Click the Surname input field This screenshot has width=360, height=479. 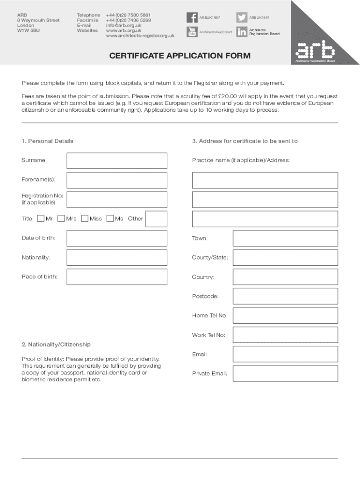[117, 160]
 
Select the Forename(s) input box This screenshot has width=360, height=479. [117, 180]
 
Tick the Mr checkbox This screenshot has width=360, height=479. [41, 218]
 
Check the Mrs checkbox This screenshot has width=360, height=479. [61, 218]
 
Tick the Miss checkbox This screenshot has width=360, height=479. [85, 218]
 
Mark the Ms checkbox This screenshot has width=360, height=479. [110, 218]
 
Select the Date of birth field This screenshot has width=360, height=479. [117, 238]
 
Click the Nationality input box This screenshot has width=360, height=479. [117, 257]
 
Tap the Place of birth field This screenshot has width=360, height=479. [117, 277]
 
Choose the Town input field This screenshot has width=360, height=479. [285, 238]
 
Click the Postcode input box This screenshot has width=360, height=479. [285, 296]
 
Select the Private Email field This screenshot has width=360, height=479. [285, 373]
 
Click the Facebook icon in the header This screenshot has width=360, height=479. [192, 18]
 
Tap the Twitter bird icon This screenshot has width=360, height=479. [242, 18]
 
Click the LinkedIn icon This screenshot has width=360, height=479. [242, 32]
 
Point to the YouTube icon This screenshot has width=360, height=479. [192, 32]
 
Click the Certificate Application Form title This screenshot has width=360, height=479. [180, 56]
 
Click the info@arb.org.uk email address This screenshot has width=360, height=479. [123, 25]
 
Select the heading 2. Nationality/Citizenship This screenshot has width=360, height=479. [56, 344]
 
